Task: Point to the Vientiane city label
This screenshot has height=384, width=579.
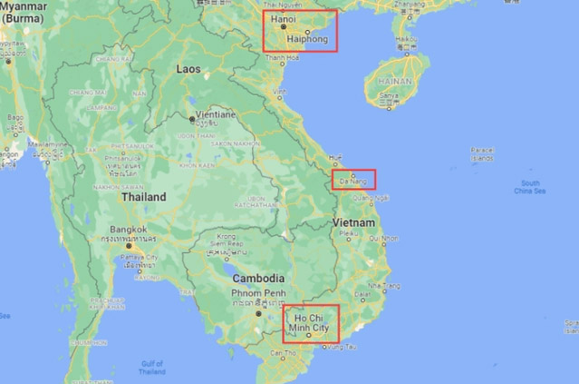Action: (214, 114)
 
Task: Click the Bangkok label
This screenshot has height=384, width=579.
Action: (128, 230)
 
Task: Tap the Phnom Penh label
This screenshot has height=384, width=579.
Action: (260, 293)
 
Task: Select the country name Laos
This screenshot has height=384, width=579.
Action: (188, 68)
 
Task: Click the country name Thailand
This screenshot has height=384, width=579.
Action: (143, 197)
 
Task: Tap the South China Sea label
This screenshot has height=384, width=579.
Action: (529, 187)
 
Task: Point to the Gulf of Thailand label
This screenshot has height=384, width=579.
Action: (152, 367)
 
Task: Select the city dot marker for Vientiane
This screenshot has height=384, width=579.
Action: (190, 118)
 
